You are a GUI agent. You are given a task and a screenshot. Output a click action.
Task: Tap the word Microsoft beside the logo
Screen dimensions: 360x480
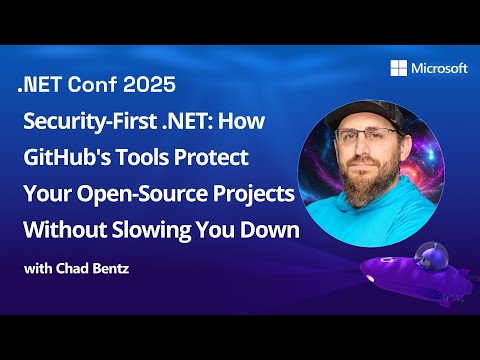[x=440, y=69]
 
